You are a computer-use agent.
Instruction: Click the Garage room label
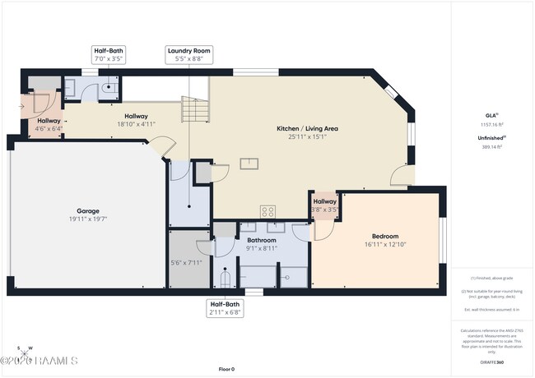[88, 210]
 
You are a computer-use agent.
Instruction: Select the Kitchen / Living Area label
[307, 129]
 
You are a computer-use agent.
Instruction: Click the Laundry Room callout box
[189, 55]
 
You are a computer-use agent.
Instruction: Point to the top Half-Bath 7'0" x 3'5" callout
[107, 55]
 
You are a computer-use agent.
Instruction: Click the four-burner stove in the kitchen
[267, 211]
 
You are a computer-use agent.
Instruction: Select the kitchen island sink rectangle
[249, 163]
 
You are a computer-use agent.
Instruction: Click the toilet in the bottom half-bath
[225, 278]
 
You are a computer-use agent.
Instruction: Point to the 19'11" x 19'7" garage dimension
[88, 219]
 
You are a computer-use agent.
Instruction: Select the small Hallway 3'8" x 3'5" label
[324, 205]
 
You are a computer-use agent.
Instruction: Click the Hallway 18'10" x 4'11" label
[136, 120]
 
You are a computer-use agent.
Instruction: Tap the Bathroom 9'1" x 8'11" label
[267, 244]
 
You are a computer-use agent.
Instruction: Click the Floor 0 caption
[226, 369]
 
